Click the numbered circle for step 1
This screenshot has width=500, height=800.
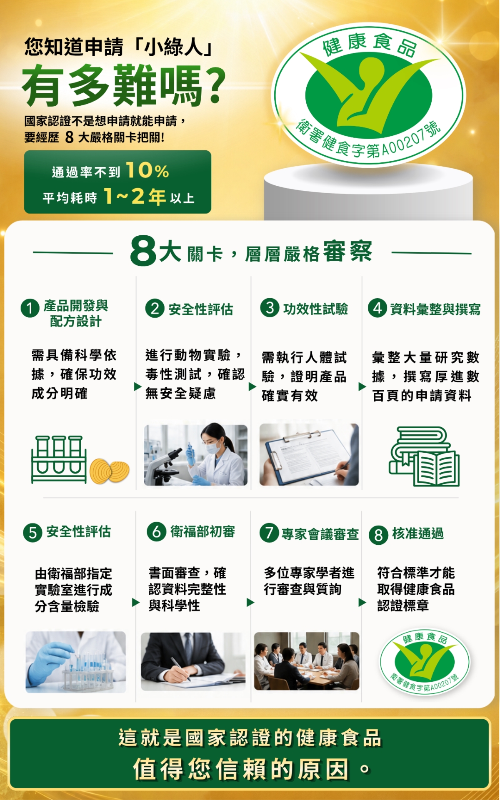(x=30, y=309)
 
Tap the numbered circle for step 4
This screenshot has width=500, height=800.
(x=377, y=309)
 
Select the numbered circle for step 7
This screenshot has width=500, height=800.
(x=269, y=533)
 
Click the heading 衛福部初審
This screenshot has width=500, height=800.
(x=202, y=532)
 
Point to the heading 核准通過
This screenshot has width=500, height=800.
(x=418, y=533)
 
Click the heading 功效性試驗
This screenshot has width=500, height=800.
(x=315, y=309)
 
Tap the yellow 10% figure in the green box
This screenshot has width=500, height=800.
(x=147, y=170)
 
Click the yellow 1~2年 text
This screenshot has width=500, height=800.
(x=135, y=196)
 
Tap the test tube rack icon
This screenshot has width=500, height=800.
(x=59, y=459)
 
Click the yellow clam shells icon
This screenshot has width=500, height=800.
(x=110, y=471)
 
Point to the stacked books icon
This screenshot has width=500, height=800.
(x=424, y=456)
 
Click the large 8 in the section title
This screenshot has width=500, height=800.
(x=143, y=251)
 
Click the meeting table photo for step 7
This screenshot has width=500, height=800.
(x=307, y=661)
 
